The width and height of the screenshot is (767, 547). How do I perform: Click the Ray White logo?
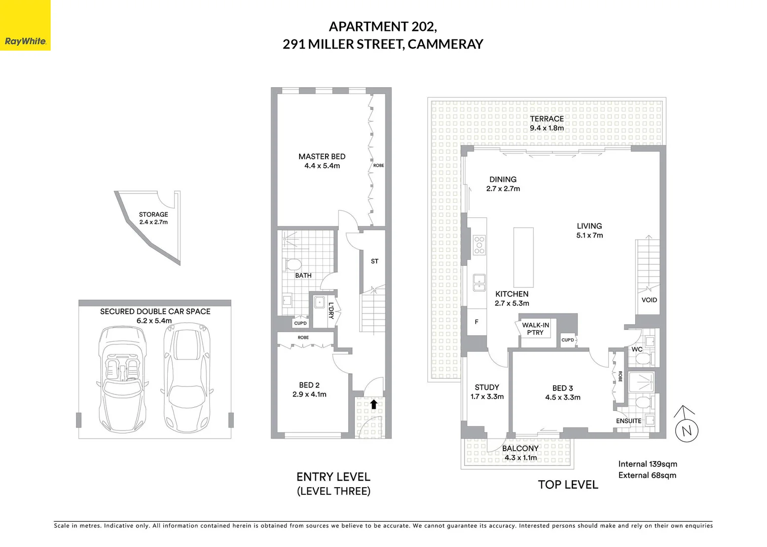25,25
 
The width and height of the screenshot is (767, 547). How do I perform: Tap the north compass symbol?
686,428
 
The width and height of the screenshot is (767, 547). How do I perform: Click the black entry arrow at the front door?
373,404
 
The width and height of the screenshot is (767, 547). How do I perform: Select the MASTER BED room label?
322,157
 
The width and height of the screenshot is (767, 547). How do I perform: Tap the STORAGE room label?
153,214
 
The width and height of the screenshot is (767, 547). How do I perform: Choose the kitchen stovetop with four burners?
479,245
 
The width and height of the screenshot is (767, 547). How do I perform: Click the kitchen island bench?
523,258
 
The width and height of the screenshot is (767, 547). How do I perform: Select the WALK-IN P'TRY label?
535,329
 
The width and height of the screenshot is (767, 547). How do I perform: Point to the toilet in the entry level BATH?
293,264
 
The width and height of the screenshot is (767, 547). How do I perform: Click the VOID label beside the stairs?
649,300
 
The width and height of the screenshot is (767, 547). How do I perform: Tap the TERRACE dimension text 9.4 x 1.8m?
546,128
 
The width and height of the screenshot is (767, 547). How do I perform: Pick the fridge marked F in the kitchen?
477,322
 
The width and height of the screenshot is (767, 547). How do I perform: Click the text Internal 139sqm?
647,464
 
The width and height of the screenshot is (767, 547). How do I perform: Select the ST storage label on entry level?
374,261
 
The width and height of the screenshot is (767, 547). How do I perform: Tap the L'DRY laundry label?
331,310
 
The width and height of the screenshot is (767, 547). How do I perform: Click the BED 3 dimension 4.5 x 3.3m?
563,398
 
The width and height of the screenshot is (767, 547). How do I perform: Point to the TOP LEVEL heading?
568,485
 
